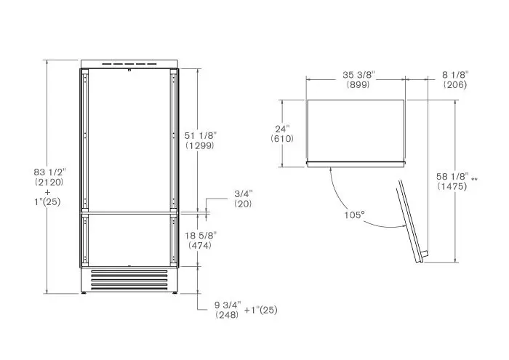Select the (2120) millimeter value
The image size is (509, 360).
(x=49, y=182)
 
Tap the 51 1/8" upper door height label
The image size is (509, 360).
(x=200, y=135)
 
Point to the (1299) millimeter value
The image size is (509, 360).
(x=200, y=145)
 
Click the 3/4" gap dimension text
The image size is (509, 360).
(x=244, y=193)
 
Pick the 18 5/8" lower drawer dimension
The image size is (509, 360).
(x=201, y=236)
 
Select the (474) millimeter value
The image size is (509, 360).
(x=200, y=245)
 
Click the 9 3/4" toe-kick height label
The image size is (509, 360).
(x=228, y=305)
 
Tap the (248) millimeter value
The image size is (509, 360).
(x=227, y=315)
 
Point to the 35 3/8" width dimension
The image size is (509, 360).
(x=358, y=75)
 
